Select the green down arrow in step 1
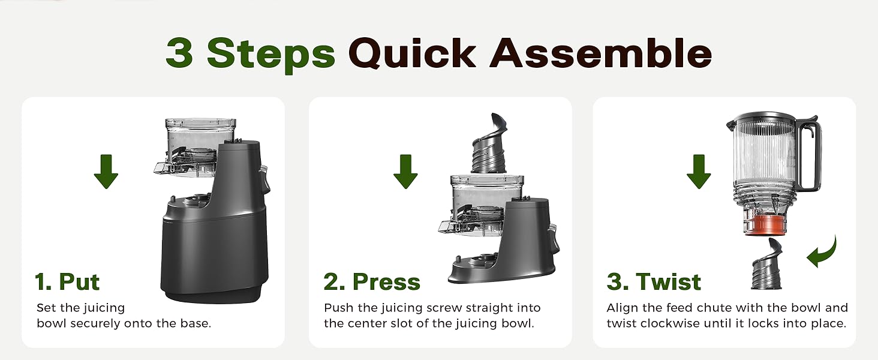[106, 171]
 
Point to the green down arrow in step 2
[405, 171]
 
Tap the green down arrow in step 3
[699, 171]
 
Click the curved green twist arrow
[822, 252]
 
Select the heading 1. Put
[67, 281]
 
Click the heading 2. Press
[372, 281]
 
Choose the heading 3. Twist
[654, 281]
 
